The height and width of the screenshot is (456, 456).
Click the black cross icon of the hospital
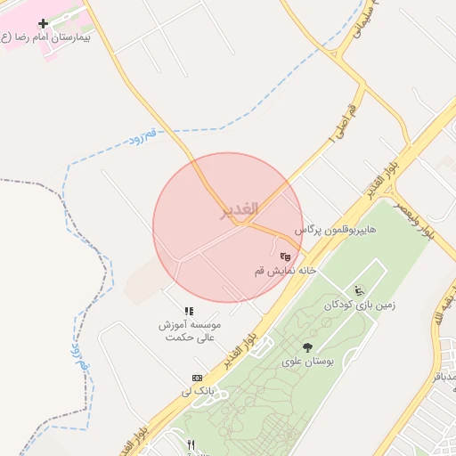(42, 23)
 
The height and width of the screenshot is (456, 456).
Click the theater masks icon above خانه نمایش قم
(285, 256)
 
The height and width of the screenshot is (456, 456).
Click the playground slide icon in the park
(359, 290)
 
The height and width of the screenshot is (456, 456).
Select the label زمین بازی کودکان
(360, 305)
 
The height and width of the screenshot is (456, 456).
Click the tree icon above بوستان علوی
(308, 347)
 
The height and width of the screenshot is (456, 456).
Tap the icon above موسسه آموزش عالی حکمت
(189, 311)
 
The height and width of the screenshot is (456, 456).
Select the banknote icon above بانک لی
(197, 378)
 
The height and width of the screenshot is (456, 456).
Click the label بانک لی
(198, 391)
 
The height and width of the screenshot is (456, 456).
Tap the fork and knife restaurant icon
(191, 444)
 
